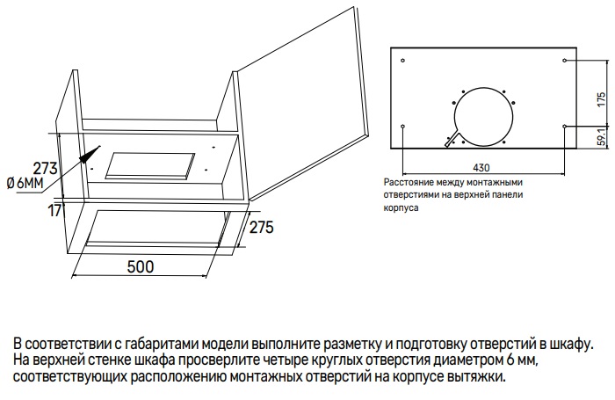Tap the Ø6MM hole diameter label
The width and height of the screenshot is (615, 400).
(x=24, y=183)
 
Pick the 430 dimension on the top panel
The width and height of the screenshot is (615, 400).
(x=481, y=167)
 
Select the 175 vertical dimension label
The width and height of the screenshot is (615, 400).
(x=601, y=98)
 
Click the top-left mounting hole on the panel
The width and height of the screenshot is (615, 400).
(x=402, y=61)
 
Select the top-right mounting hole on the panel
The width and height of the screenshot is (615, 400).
(x=564, y=61)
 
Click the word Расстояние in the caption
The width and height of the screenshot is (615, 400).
(x=410, y=183)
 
